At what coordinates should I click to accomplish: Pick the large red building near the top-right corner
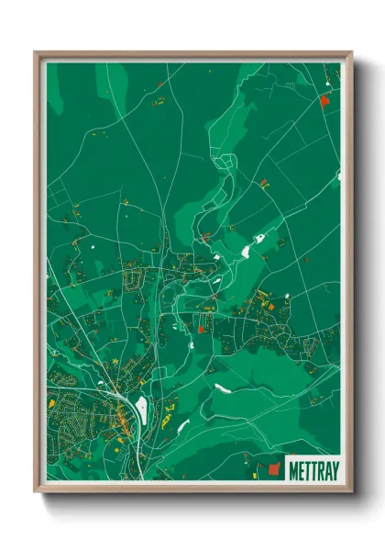323,102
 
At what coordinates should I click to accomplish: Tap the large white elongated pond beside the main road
141,408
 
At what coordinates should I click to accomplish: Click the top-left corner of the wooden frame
36,53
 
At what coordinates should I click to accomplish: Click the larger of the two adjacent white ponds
245,249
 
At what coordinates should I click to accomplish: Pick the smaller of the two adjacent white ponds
259,240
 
